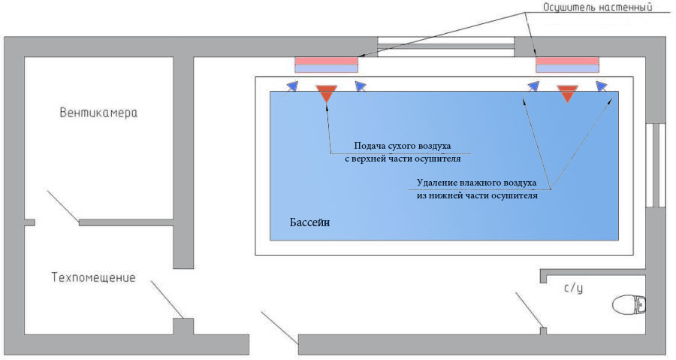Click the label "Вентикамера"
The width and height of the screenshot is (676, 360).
pos(99,113)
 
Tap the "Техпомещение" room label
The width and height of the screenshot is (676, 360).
pos(93,277)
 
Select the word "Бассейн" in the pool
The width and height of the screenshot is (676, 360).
pos(309,223)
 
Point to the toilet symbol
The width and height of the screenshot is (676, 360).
pos(629,304)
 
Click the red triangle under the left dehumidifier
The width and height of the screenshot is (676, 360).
pos(326,93)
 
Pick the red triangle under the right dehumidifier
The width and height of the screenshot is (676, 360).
pos(567,93)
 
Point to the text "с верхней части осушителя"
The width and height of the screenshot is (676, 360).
pos(403,159)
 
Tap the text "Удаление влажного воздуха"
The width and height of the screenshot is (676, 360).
pos(477,182)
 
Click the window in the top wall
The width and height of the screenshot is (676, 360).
pos(445,47)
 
